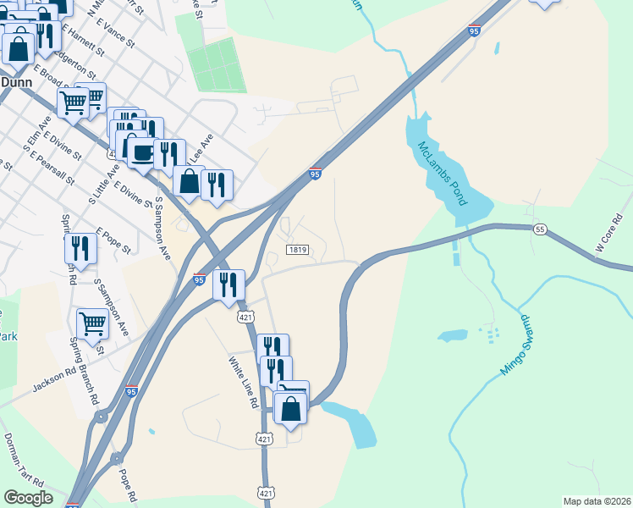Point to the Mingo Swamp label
tap(516, 346)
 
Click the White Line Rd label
tap(243, 381)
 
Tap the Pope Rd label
tap(127, 483)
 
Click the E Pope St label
tap(114, 240)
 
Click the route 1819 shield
tap(296, 250)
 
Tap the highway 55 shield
tap(540, 229)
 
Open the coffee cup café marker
tap(140, 152)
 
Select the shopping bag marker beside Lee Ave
tap(189, 181)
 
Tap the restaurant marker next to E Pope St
tap(80, 247)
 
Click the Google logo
tap(28, 498)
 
